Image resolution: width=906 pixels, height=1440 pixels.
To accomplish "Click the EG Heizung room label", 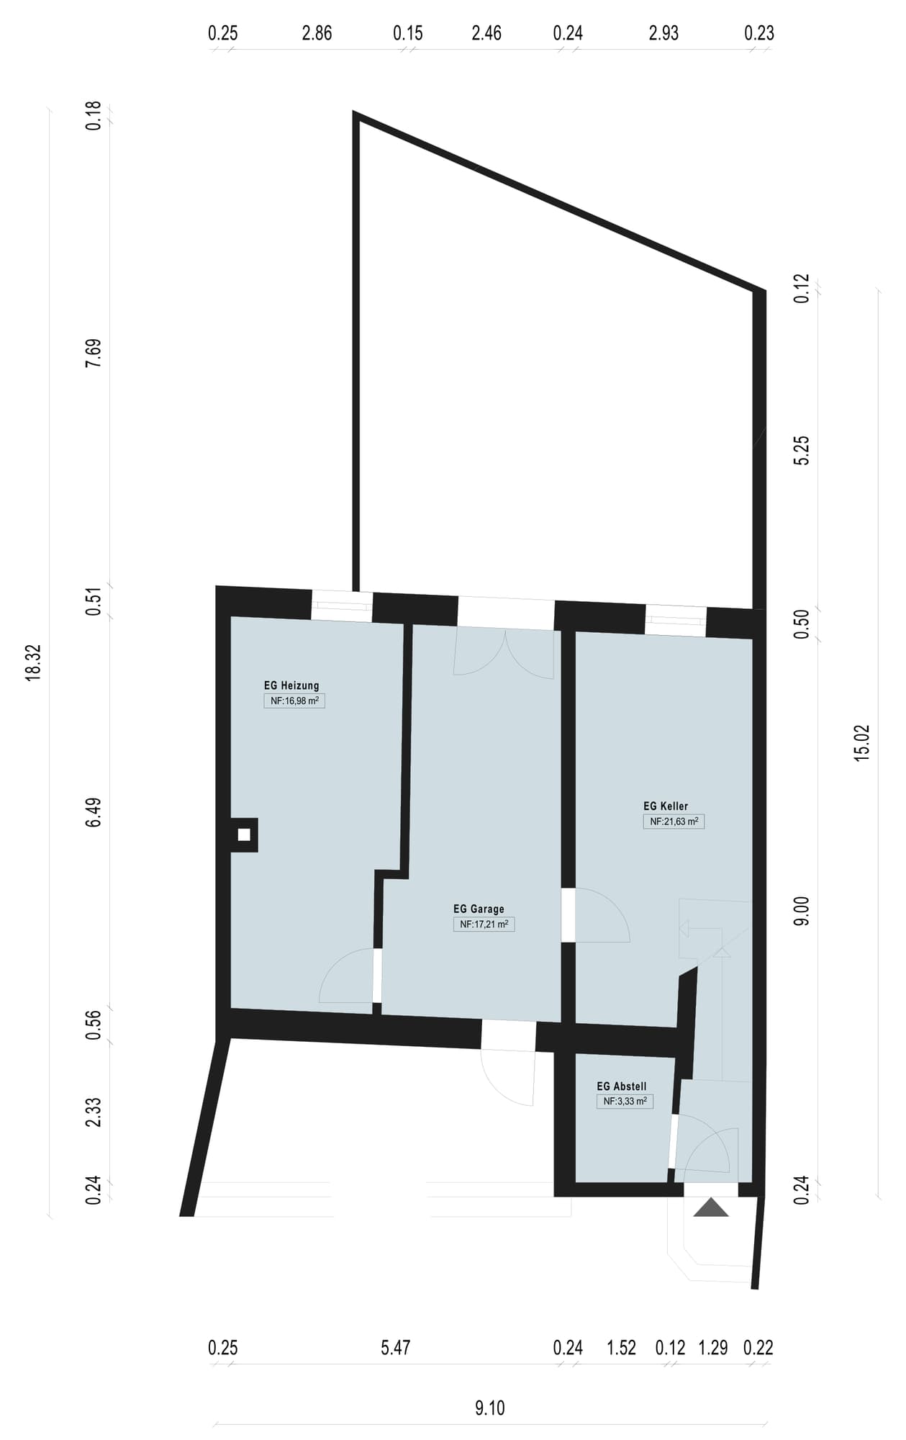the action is tap(291, 685).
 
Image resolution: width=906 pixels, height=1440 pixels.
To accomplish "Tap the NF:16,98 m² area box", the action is tap(294, 701).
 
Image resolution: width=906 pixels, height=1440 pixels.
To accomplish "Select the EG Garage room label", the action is tap(479, 909).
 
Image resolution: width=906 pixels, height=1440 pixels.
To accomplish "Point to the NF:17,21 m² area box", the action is tap(484, 924).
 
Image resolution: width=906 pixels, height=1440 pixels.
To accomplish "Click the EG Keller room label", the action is tap(666, 806).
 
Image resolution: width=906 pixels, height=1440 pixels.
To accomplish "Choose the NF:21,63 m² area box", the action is tap(674, 822).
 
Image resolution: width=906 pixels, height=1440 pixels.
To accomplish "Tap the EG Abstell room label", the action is tap(622, 1086).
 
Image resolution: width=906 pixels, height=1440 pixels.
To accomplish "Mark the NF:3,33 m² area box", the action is tap(625, 1102).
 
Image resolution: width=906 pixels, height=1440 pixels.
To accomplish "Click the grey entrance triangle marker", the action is tap(711, 1207).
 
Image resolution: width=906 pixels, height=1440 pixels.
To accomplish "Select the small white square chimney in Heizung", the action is tap(244, 835).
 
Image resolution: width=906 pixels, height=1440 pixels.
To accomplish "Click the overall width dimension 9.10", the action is tap(490, 1408).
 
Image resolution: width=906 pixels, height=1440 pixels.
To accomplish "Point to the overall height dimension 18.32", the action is tap(33, 662).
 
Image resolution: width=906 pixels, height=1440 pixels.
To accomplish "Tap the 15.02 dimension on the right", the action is tap(861, 742).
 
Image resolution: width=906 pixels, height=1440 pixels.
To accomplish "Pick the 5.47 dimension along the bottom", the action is tap(396, 1348).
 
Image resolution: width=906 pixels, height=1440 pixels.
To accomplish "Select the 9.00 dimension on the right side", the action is tap(802, 912).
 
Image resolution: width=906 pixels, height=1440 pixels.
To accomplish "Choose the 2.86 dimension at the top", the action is tap(317, 33).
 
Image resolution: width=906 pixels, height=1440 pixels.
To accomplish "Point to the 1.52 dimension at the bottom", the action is tap(622, 1348).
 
